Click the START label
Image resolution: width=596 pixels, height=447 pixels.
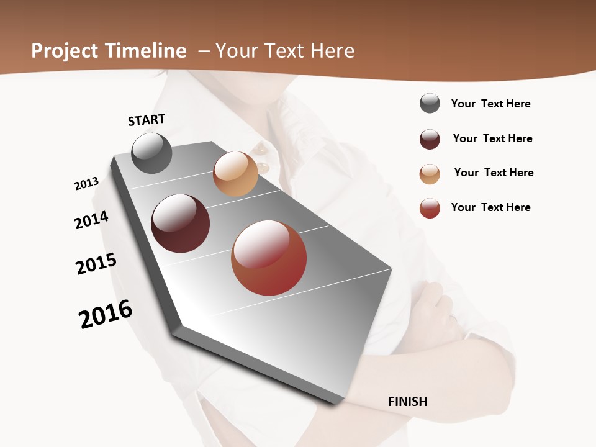(x=147, y=119)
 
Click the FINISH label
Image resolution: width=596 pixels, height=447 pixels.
(x=407, y=402)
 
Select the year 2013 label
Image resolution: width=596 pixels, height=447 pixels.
(x=86, y=184)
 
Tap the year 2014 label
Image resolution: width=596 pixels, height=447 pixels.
(x=91, y=220)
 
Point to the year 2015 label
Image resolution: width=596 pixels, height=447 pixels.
(x=96, y=264)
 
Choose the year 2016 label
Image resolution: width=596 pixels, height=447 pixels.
(x=106, y=314)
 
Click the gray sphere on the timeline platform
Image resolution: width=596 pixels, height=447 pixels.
(x=151, y=153)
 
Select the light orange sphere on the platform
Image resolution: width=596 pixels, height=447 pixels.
(x=235, y=174)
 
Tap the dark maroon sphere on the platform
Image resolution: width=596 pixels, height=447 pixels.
(x=180, y=223)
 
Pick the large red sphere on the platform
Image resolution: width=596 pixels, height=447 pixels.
(x=269, y=258)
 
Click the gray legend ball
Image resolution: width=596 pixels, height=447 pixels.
(x=430, y=103)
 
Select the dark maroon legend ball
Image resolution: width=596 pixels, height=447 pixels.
(x=430, y=139)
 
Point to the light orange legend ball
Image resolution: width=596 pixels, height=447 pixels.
(x=430, y=174)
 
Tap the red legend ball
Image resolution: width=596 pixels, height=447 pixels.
(x=430, y=208)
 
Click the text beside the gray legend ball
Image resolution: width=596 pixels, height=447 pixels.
(x=490, y=104)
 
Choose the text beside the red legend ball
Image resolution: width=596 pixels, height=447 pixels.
(x=490, y=207)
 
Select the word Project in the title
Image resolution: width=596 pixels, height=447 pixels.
(x=65, y=51)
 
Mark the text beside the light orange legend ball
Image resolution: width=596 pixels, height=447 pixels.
(x=494, y=173)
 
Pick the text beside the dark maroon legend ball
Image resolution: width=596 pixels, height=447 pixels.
(x=492, y=138)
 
